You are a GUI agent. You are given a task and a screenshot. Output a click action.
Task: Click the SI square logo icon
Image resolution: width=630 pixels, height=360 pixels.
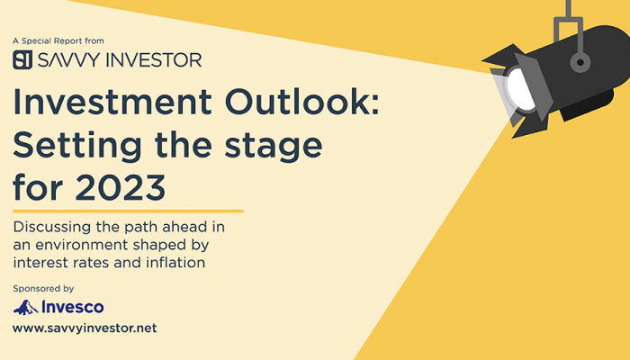tap(22, 60)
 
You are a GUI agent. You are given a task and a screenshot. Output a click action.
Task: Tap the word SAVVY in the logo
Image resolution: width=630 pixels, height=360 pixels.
tap(68, 60)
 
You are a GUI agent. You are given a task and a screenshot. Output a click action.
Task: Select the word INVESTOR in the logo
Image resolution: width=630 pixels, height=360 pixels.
tap(154, 60)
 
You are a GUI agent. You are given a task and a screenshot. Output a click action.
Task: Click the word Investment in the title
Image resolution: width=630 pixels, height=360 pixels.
tap(112, 102)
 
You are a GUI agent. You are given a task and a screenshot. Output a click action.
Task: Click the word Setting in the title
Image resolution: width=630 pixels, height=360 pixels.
tap(77, 146)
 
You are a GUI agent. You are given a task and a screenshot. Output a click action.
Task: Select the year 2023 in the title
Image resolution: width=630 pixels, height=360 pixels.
tap(121, 187)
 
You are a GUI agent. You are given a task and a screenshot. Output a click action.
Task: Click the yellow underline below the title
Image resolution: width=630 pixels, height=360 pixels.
tap(128, 211)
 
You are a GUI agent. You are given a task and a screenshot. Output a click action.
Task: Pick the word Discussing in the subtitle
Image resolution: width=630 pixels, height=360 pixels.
tap(53, 228)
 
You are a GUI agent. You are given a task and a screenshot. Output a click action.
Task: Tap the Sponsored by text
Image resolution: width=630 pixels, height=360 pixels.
tap(43, 289)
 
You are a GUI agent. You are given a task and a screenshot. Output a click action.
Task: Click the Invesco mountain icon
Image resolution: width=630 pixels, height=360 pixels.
tap(26, 308)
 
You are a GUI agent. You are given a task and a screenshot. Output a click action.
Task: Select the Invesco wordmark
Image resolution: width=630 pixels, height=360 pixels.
tap(73, 308)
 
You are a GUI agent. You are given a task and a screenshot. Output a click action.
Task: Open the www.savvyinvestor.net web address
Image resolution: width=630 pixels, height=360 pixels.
tap(85, 328)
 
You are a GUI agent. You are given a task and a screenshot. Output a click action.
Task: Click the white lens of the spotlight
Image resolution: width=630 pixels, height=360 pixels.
tap(521, 90)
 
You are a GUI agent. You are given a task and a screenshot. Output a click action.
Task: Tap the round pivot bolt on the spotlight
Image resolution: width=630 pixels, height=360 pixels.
tap(580, 63)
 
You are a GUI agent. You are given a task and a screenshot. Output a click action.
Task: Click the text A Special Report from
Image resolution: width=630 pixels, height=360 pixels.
tap(58, 41)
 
